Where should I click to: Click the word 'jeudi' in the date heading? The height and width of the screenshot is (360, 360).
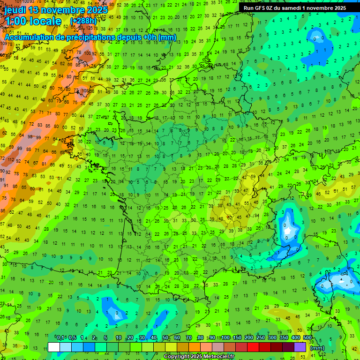tap(15, 10)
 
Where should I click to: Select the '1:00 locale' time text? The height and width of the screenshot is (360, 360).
tap(33, 21)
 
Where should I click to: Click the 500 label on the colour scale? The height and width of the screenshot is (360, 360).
tap(307, 338)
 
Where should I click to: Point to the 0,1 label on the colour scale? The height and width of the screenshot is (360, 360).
tap(60, 338)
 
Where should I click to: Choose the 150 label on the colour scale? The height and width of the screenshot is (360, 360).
tap(238, 338)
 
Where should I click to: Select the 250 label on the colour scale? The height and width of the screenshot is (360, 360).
tap(261, 338)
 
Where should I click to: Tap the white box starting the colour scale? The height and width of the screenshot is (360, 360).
tap(54, 347)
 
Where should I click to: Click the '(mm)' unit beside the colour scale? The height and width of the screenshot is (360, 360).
tap(317, 348)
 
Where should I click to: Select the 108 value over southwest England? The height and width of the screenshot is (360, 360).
tap(85, 91)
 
